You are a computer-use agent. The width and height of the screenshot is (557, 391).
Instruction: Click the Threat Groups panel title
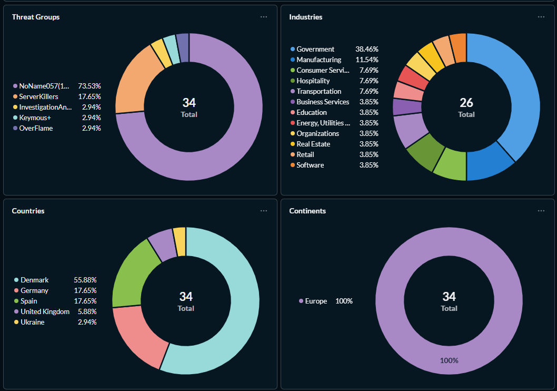tap(36, 17)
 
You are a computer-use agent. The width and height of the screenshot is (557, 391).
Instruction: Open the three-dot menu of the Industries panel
tap(541, 17)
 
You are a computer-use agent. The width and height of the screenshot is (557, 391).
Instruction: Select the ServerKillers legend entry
tap(38, 96)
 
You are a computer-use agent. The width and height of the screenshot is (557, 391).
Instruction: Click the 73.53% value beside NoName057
tap(89, 86)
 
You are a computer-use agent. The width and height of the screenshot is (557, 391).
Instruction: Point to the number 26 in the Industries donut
tap(466, 102)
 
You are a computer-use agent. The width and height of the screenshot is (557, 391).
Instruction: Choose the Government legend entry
tap(315, 49)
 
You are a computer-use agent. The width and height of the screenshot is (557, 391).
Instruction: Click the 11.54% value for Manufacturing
tap(369, 60)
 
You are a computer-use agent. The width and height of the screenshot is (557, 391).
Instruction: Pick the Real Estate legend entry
tap(313, 144)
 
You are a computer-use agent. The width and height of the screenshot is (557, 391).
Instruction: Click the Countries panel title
tap(28, 211)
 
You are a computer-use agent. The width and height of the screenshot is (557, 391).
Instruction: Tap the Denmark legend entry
tap(34, 280)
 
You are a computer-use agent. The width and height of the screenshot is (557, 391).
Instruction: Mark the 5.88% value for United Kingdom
tap(87, 311)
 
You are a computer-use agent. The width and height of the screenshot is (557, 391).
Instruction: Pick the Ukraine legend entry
tap(32, 322)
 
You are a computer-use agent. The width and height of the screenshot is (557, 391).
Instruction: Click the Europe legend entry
tap(316, 301)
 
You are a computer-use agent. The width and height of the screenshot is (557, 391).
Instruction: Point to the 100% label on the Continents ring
tap(449, 360)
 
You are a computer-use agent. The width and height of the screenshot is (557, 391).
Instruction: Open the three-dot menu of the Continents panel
tap(541, 211)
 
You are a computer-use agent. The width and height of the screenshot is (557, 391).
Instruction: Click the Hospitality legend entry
tap(313, 81)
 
